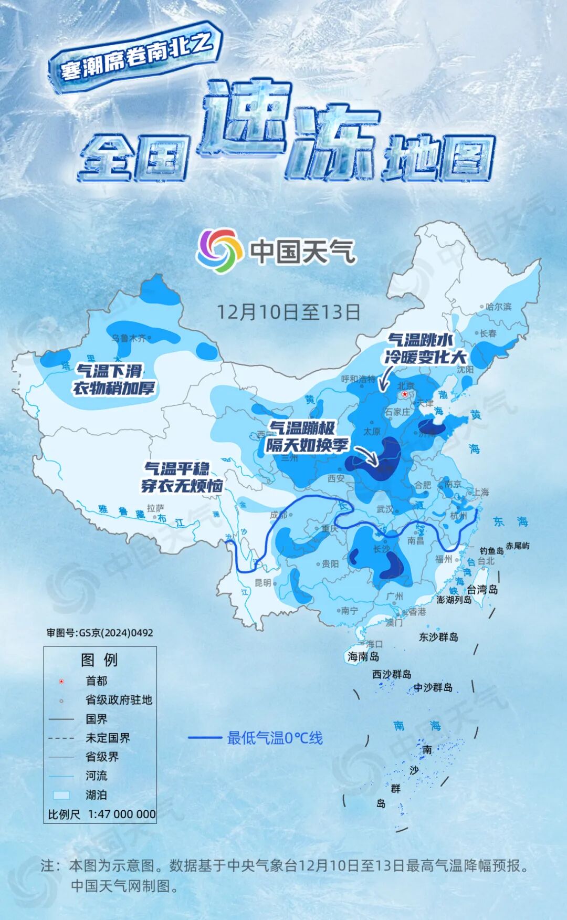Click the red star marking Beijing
pyautogui.click(x=404, y=394)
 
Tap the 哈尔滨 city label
pyautogui.click(x=498, y=307)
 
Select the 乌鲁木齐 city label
pyautogui.click(x=129, y=338)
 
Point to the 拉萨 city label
pyautogui.click(x=155, y=508)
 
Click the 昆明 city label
pyautogui.click(x=263, y=583)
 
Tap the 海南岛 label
pyautogui.click(x=363, y=656)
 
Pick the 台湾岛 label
pyautogui.click(x=482, y=590)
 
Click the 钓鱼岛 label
pyautogui.click(x=491, y=551)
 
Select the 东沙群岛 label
pyautogui.click(x=438, y=637)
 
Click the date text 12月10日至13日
pyautogui.click(x=289, y=312)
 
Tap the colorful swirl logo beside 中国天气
pyautogui.click(x=219, y=251)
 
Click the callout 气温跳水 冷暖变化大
pyautogui.click(x=425, y=348)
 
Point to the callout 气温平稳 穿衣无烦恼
pyautogui.click(x=182, y=477)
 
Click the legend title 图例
pyautogui.click(x=99, y=660)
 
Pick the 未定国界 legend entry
pyautogui.click(x=108, y=738)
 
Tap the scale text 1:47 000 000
pyautogui.click(x=122, y=814)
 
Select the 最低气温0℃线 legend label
pyautogui.click(x=275, y=738)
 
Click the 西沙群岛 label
pyautogui.click(x=392, y=674)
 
